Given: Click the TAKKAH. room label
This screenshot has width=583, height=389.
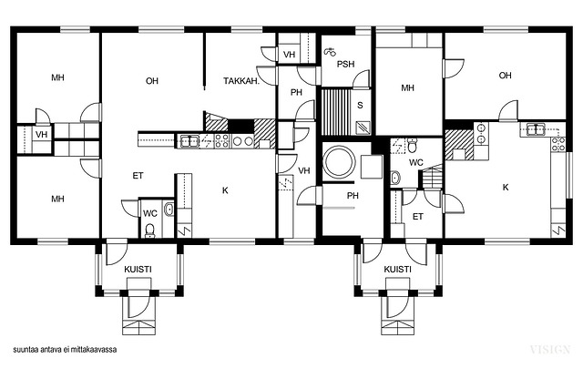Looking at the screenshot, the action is (241, 81).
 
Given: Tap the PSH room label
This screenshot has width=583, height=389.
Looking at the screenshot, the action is (345, 64).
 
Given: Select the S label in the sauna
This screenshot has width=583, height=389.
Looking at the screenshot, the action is (360, 106).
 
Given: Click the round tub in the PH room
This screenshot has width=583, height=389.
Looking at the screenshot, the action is (339, 162).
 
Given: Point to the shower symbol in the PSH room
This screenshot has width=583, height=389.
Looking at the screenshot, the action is (330, 52).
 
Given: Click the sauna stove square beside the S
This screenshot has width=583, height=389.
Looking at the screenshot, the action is (363, 128).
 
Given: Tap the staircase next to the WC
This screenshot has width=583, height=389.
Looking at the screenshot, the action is (431, 178).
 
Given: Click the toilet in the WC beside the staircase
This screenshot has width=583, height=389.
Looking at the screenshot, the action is (412, 145).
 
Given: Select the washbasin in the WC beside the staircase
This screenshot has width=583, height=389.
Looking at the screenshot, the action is (395, 178).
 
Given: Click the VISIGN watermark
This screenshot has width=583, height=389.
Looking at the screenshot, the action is (550, 350).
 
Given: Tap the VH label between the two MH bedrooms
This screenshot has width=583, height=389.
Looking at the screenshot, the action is (41, 134).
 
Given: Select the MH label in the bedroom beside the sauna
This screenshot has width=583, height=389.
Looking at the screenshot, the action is (407, 88).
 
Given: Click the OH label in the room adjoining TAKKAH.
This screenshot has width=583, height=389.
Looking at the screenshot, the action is (152, 81).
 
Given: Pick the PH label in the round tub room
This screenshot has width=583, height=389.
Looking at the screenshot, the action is (353, 195).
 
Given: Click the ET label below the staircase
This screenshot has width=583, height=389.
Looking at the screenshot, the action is (418, 217).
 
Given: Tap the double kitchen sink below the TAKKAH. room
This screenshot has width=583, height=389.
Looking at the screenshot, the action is (189, 141).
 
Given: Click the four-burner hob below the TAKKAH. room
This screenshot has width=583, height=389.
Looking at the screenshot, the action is (221, 141).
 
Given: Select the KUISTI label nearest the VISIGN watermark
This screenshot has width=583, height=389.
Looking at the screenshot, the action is (397, 270).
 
